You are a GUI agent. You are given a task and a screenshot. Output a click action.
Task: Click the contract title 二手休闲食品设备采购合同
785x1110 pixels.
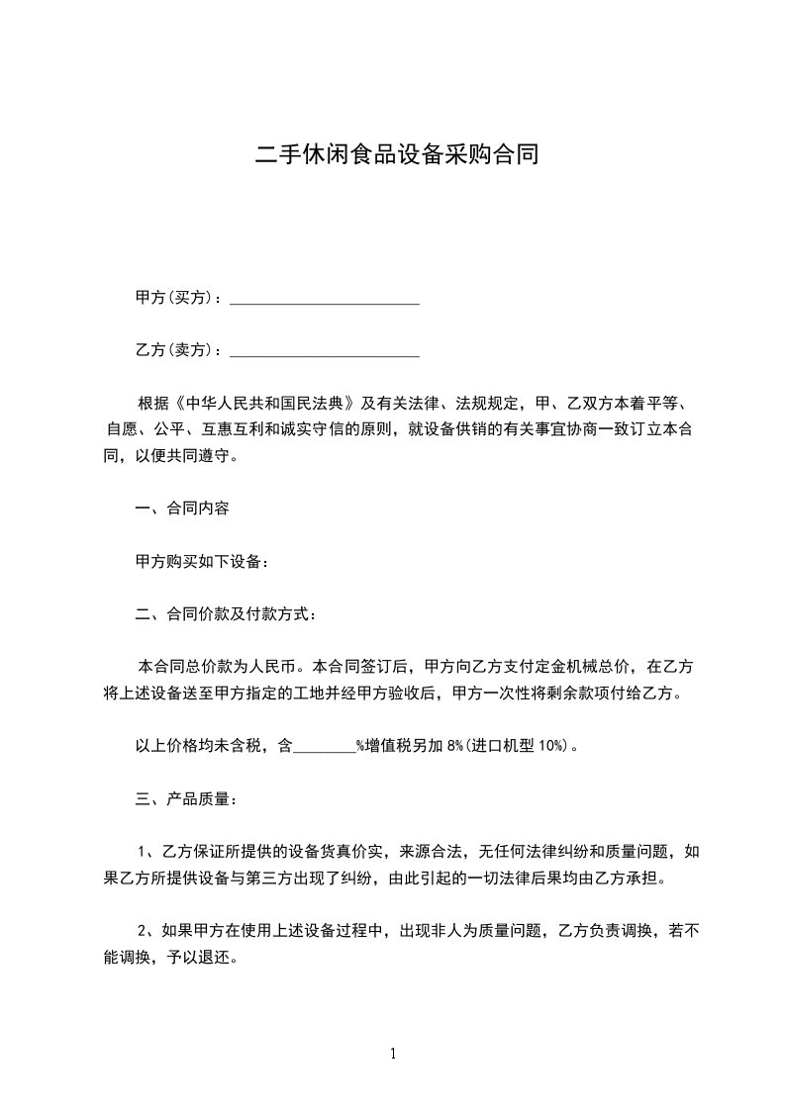pos(392,155)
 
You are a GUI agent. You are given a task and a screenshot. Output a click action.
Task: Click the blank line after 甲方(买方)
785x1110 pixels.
pos(325,299)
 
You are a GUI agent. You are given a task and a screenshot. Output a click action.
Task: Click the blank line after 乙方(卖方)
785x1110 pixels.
pos(325,351)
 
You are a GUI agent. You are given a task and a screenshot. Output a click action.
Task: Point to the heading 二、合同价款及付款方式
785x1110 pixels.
pos(226,614)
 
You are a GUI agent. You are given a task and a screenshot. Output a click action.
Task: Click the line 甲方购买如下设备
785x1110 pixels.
pos(202,561)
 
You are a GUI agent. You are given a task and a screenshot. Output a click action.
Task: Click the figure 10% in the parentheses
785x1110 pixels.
pos(550,746)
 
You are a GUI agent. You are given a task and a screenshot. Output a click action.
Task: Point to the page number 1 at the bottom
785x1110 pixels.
pos(393,1054)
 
